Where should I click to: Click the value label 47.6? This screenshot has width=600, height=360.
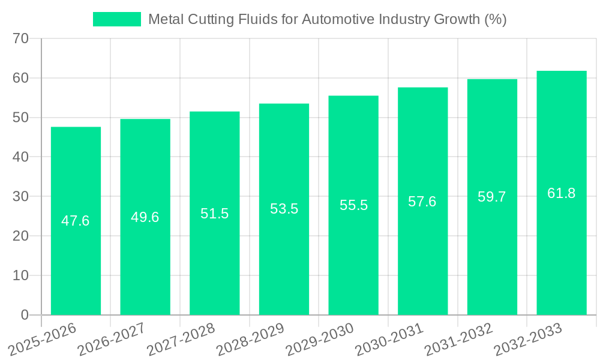coord(76,221)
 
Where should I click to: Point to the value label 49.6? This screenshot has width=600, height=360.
coord(145,217)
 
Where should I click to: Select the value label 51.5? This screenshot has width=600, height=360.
coord(215,214)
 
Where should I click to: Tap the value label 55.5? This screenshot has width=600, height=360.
coord(353,205)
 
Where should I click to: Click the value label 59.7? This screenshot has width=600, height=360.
coord(492,197)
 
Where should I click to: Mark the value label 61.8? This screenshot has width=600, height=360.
coord(562,193)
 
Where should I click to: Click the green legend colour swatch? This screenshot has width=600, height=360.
coord(117,19)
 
